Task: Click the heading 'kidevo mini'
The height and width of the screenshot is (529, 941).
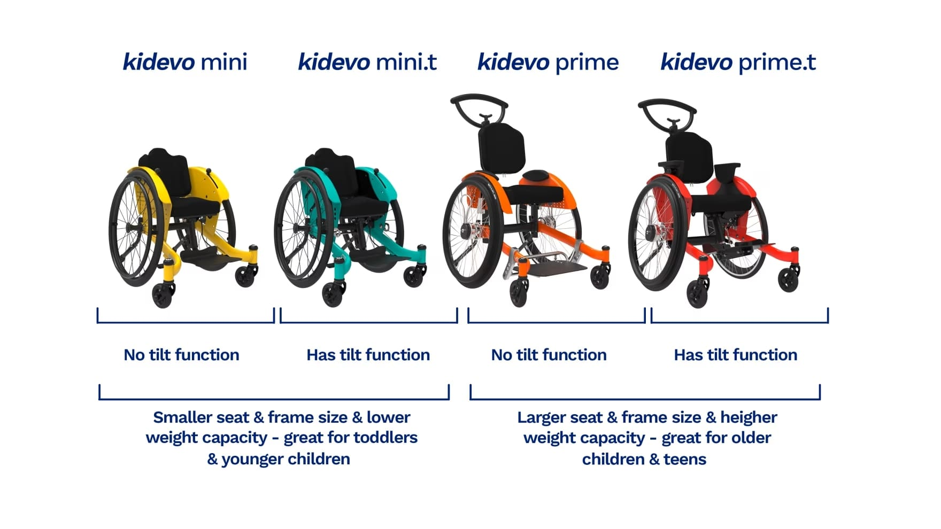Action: [x=185, y=62]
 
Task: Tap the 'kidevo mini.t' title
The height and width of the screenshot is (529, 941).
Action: [x=367, y=62]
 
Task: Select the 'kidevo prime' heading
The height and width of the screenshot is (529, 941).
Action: [x=548, y=63]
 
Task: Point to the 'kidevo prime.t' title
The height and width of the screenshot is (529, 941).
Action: [x=738, y=63]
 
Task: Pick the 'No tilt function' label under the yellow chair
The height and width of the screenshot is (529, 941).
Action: [x=182, y=355]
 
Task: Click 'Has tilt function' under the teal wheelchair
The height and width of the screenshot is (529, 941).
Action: [x=368, y=355]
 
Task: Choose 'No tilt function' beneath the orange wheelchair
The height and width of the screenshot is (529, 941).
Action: [x=549, y=355]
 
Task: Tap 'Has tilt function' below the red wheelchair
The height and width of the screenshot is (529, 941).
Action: [x=736, y=355]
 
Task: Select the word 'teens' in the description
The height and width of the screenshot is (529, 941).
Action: [x=685, y=459]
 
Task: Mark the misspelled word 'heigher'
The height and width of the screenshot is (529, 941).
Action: [x=749, y=417]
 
